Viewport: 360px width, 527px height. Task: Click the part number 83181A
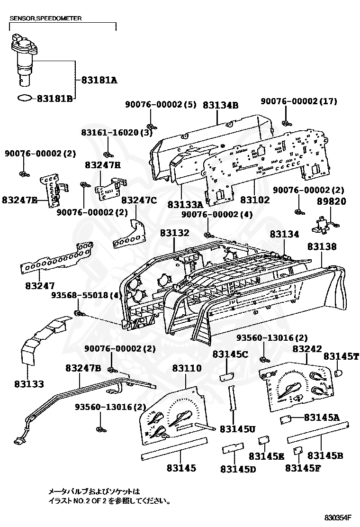[x=99, y=80]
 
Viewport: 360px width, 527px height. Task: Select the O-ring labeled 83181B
[x=25, y=98]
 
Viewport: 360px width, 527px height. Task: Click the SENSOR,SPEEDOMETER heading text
[x=45, y=18]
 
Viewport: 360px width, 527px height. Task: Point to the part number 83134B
[x=220, y=105]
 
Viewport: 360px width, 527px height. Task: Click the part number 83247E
[x=19, y=199]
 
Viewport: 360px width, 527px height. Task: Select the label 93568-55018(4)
[x=87, y=295]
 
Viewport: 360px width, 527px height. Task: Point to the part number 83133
[x=28, y=383]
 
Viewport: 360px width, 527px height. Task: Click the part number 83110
[x=187, y=368]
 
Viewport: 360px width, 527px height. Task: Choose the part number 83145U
[x=238, y=429]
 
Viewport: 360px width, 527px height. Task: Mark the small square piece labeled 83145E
[x=263, y=440]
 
